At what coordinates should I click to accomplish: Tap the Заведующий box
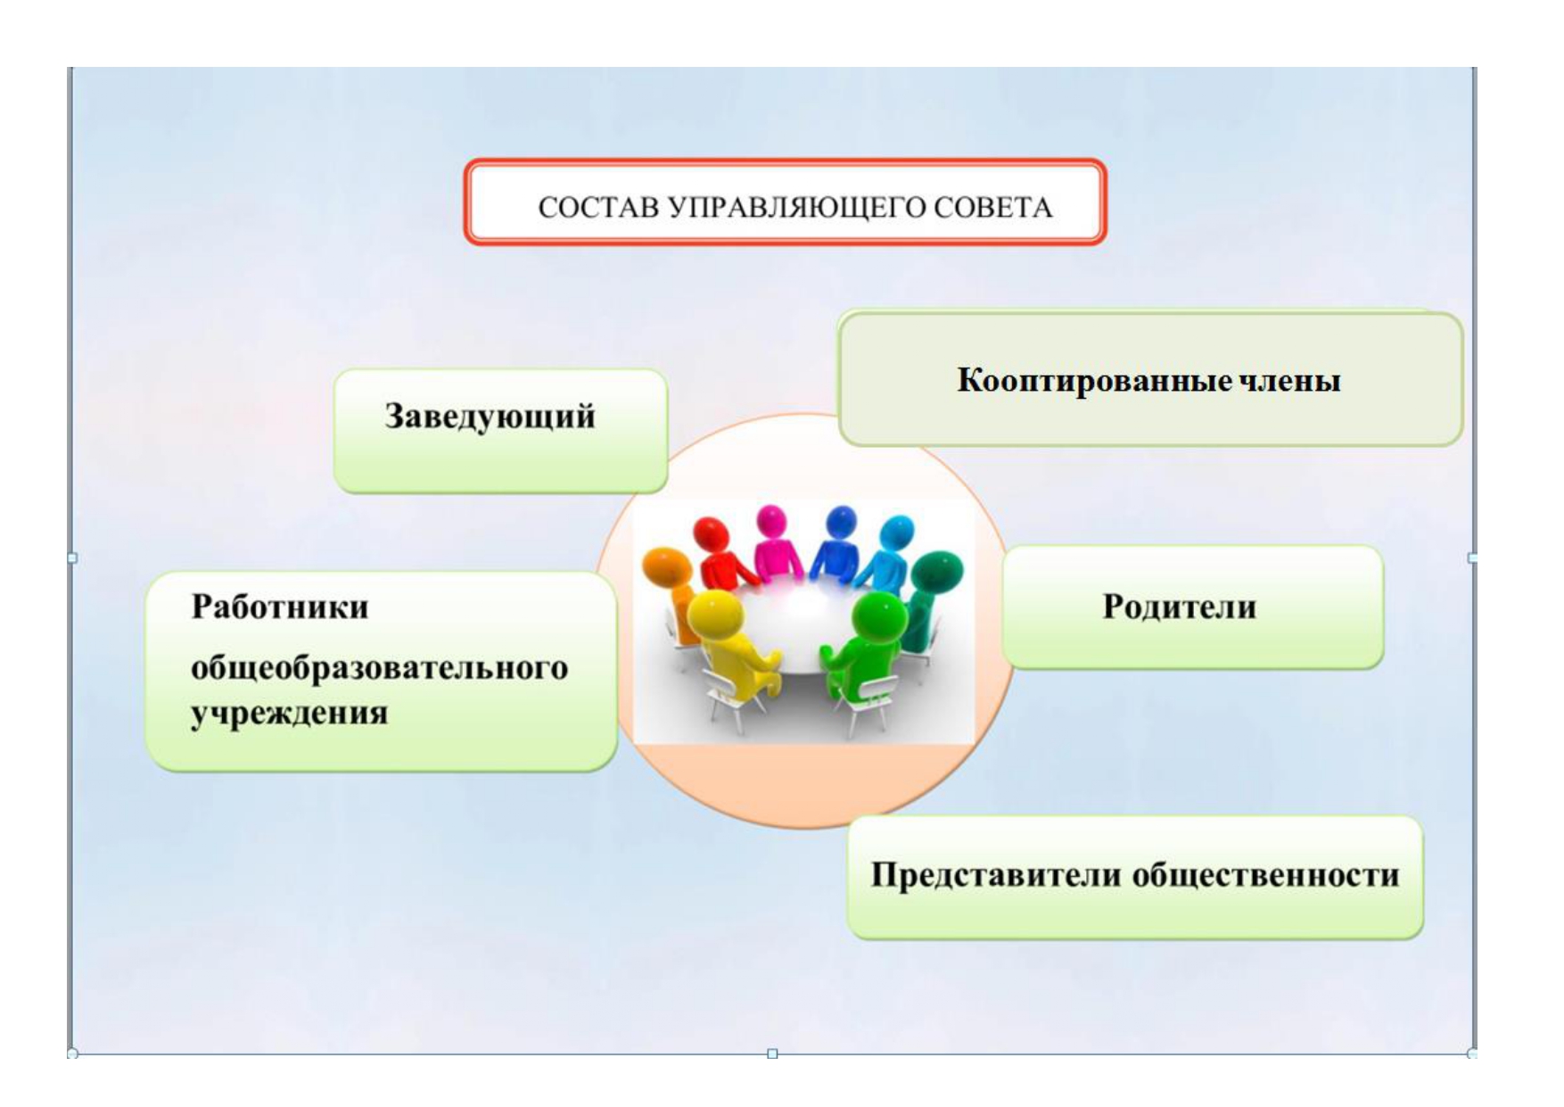tap(501, 431)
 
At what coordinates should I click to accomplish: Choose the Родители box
tap(1193, 607)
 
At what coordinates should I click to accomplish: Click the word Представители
tap(997, 875)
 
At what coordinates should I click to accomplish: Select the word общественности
tap(1265, 875)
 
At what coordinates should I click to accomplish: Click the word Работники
tap(280, 607)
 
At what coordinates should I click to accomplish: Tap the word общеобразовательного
tap(379, 668)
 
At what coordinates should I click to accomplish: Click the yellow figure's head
tap(717, 614)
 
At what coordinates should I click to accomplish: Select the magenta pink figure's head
tap(770, 521)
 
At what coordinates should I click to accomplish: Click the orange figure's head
tap(667, 568)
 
